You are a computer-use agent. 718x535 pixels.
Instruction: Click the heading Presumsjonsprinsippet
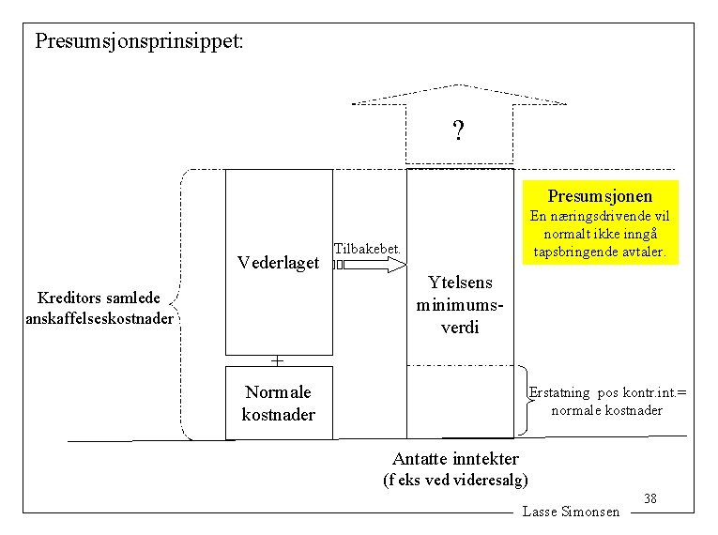click(138, 41)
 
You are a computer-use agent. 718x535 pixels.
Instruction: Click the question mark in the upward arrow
click(458, 130)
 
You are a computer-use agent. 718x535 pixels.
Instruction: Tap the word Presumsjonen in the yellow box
click(601, 196)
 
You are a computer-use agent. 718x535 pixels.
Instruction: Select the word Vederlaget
click(278, 263)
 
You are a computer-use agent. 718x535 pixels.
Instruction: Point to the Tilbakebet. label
click(367, 248)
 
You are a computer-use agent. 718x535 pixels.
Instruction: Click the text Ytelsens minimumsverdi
click(460, 304)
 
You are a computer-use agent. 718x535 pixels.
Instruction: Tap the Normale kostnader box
click(279, 403)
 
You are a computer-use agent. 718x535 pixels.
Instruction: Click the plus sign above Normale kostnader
click(277, 359)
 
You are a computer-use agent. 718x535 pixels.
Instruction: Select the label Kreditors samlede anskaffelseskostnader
click(99, 308)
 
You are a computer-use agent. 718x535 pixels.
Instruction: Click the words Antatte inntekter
click(455, 458)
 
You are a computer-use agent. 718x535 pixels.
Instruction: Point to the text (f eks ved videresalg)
click(456, 481)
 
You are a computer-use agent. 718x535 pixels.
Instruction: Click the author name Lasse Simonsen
click(571, 512)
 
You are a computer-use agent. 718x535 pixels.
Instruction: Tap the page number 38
click(649, 498)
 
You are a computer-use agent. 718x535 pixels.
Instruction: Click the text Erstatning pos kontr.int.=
click(607, 392)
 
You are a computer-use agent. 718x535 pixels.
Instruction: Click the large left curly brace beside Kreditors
click(184, 304)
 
